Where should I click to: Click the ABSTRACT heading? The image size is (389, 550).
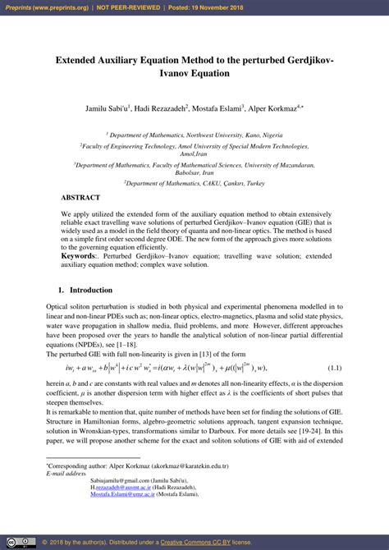coord(80,198)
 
